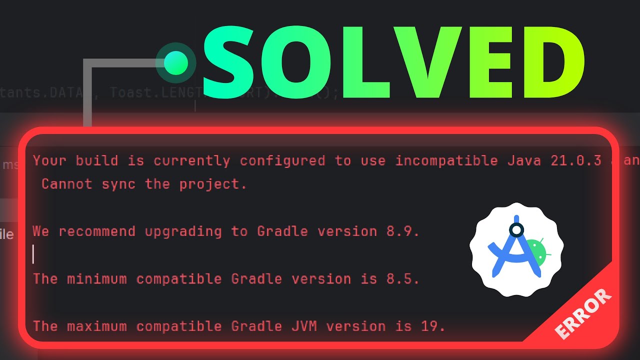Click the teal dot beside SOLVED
tap(175, 63)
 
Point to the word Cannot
tap(67, 184)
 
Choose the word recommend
tap(97, 231)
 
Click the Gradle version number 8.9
tap(402, 231)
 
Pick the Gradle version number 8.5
tap(402, 278)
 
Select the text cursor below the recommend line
tap(33, 254)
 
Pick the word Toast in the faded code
tap(131, 93)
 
